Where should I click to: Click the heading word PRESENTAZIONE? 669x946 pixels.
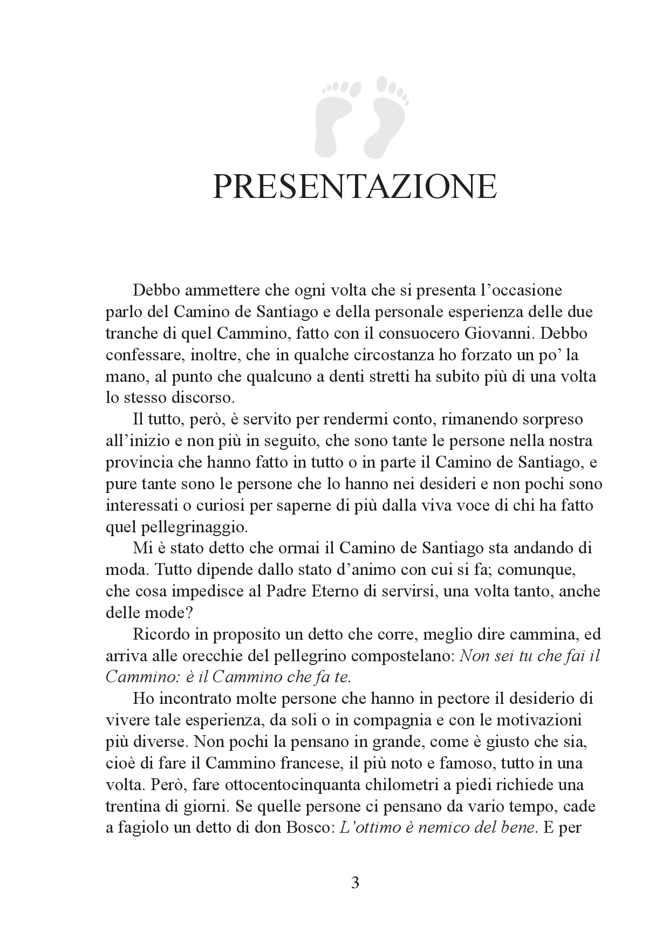pos(354,187)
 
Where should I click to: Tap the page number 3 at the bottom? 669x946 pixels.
pos(355,883)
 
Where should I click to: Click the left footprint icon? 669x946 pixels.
pos(330,116)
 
